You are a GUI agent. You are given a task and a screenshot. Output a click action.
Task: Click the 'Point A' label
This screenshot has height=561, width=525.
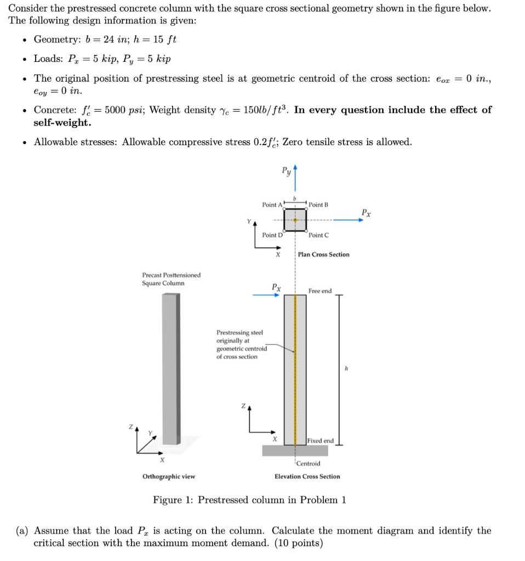pos(272,205)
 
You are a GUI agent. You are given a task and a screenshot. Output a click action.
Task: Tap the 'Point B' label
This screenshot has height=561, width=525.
pos(318,205)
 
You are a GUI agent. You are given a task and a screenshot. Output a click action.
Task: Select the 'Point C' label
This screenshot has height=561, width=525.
pos(318,235)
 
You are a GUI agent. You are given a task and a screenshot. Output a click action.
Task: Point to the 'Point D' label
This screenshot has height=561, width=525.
pos(272,235)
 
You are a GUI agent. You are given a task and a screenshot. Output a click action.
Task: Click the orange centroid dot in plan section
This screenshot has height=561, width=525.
pos(295,220)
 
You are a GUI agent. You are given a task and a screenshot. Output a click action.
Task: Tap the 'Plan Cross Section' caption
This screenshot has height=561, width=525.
pos(323,255)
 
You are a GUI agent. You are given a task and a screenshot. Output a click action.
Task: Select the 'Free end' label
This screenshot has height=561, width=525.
pos(319,291)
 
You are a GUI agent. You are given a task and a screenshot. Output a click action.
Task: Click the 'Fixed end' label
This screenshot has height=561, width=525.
pos(320,441)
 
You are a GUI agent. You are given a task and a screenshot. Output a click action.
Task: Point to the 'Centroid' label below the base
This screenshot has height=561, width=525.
pos(309,463)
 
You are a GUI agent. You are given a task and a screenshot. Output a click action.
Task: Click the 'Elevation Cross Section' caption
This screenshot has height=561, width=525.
pos(307,477)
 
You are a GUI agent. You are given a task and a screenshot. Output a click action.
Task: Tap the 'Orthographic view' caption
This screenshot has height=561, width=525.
pos(169,477)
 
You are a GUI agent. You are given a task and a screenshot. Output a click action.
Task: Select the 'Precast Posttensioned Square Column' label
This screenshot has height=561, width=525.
pos(171,279)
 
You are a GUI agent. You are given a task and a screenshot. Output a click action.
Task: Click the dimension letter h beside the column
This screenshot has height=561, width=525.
pos(346,369)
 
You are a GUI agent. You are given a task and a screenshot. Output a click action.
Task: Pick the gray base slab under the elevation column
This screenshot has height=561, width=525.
pos(295,450)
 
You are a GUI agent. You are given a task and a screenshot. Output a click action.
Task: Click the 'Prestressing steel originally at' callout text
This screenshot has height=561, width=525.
pos(239,336)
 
